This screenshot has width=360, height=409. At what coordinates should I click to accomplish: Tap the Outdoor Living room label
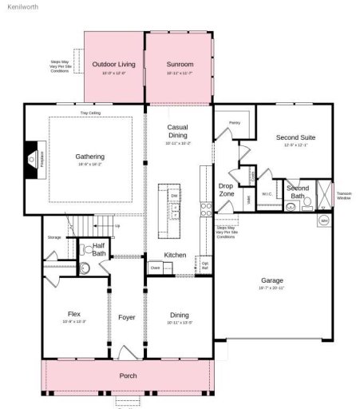tap(113, 64)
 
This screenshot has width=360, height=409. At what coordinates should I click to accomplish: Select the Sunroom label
tap(180, 64)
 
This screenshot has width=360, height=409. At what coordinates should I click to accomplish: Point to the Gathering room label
tap(90, 157)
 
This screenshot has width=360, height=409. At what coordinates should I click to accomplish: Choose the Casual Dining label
tap(177, 132)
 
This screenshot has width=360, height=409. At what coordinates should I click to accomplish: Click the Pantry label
tap(234, 123)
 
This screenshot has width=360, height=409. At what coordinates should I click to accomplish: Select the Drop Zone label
tap(226, 189)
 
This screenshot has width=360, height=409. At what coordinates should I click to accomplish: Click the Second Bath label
tap(297, 193)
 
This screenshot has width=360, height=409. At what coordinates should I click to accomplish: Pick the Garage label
tap(271, 281)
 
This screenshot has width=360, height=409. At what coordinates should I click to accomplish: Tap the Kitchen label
tap(175, 255)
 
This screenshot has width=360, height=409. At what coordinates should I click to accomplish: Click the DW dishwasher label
tap(173, 195)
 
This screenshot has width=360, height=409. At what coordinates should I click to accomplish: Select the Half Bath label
tap(99, 249)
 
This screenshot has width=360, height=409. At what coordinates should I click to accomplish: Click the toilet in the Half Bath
tap(85, 269)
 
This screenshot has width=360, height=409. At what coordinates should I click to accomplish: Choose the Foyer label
tap(126, 318)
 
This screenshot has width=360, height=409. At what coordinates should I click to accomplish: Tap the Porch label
tap(128, 375)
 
